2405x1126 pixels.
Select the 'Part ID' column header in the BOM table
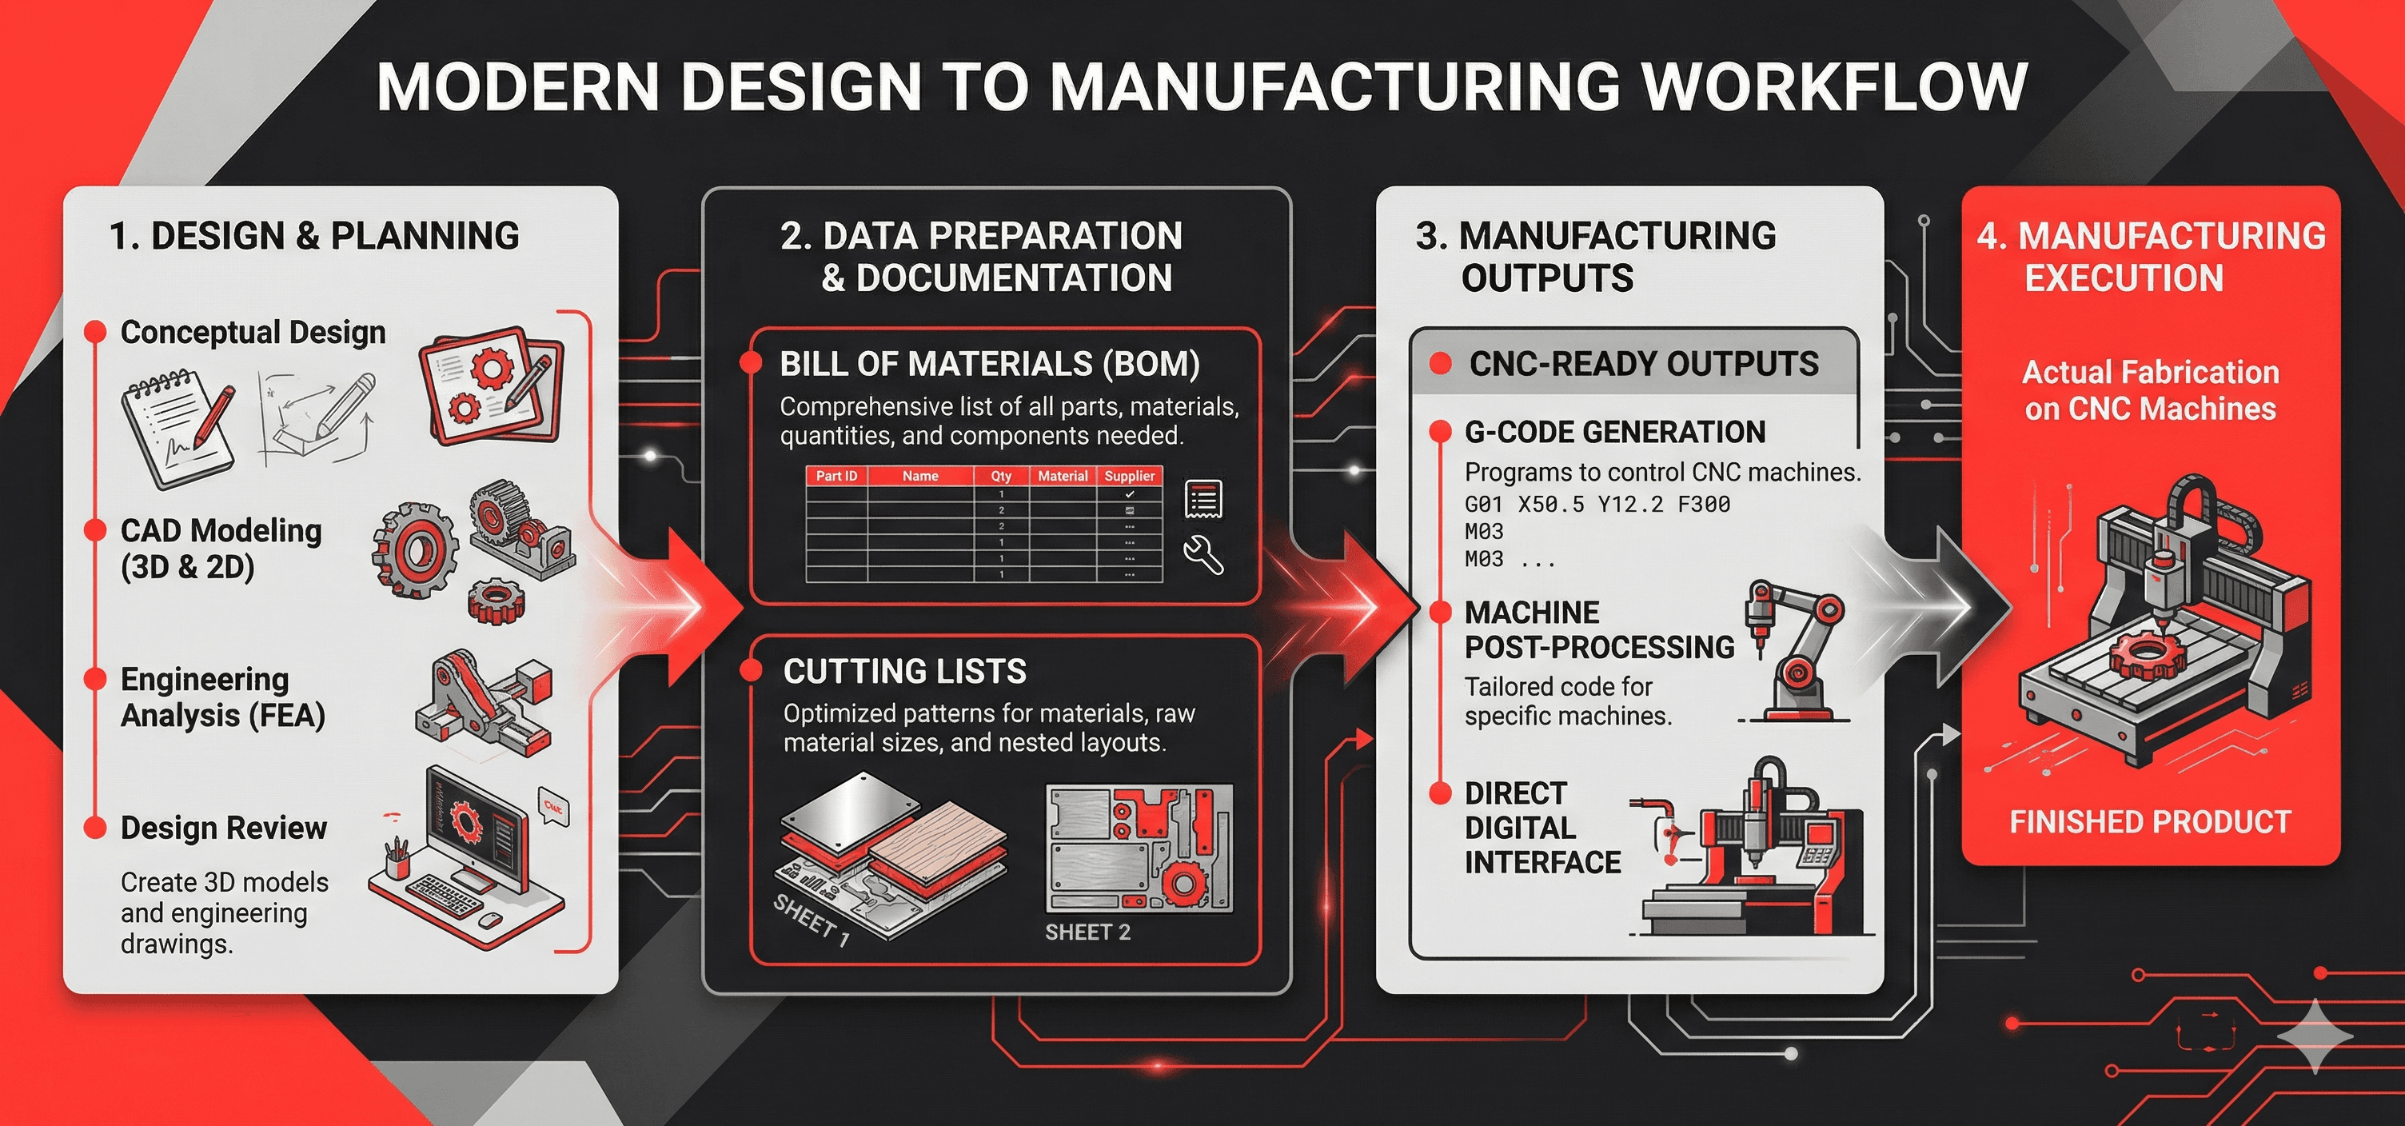point(836,476)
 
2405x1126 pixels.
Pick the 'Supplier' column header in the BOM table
point(1130,476)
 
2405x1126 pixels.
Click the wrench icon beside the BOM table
point(1203,554)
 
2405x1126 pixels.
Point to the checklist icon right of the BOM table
point(1203,500)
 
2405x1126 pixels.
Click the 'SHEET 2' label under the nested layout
point(1087,932)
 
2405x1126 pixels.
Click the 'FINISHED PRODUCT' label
point(2150,821)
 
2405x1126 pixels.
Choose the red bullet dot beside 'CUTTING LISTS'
point(750,669)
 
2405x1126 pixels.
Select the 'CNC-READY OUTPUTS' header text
point(1643,363)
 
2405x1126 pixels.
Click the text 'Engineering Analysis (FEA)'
point(222,697)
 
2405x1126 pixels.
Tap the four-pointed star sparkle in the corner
point(2315,1036)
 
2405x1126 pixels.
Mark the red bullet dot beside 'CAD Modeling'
point(94,530)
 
